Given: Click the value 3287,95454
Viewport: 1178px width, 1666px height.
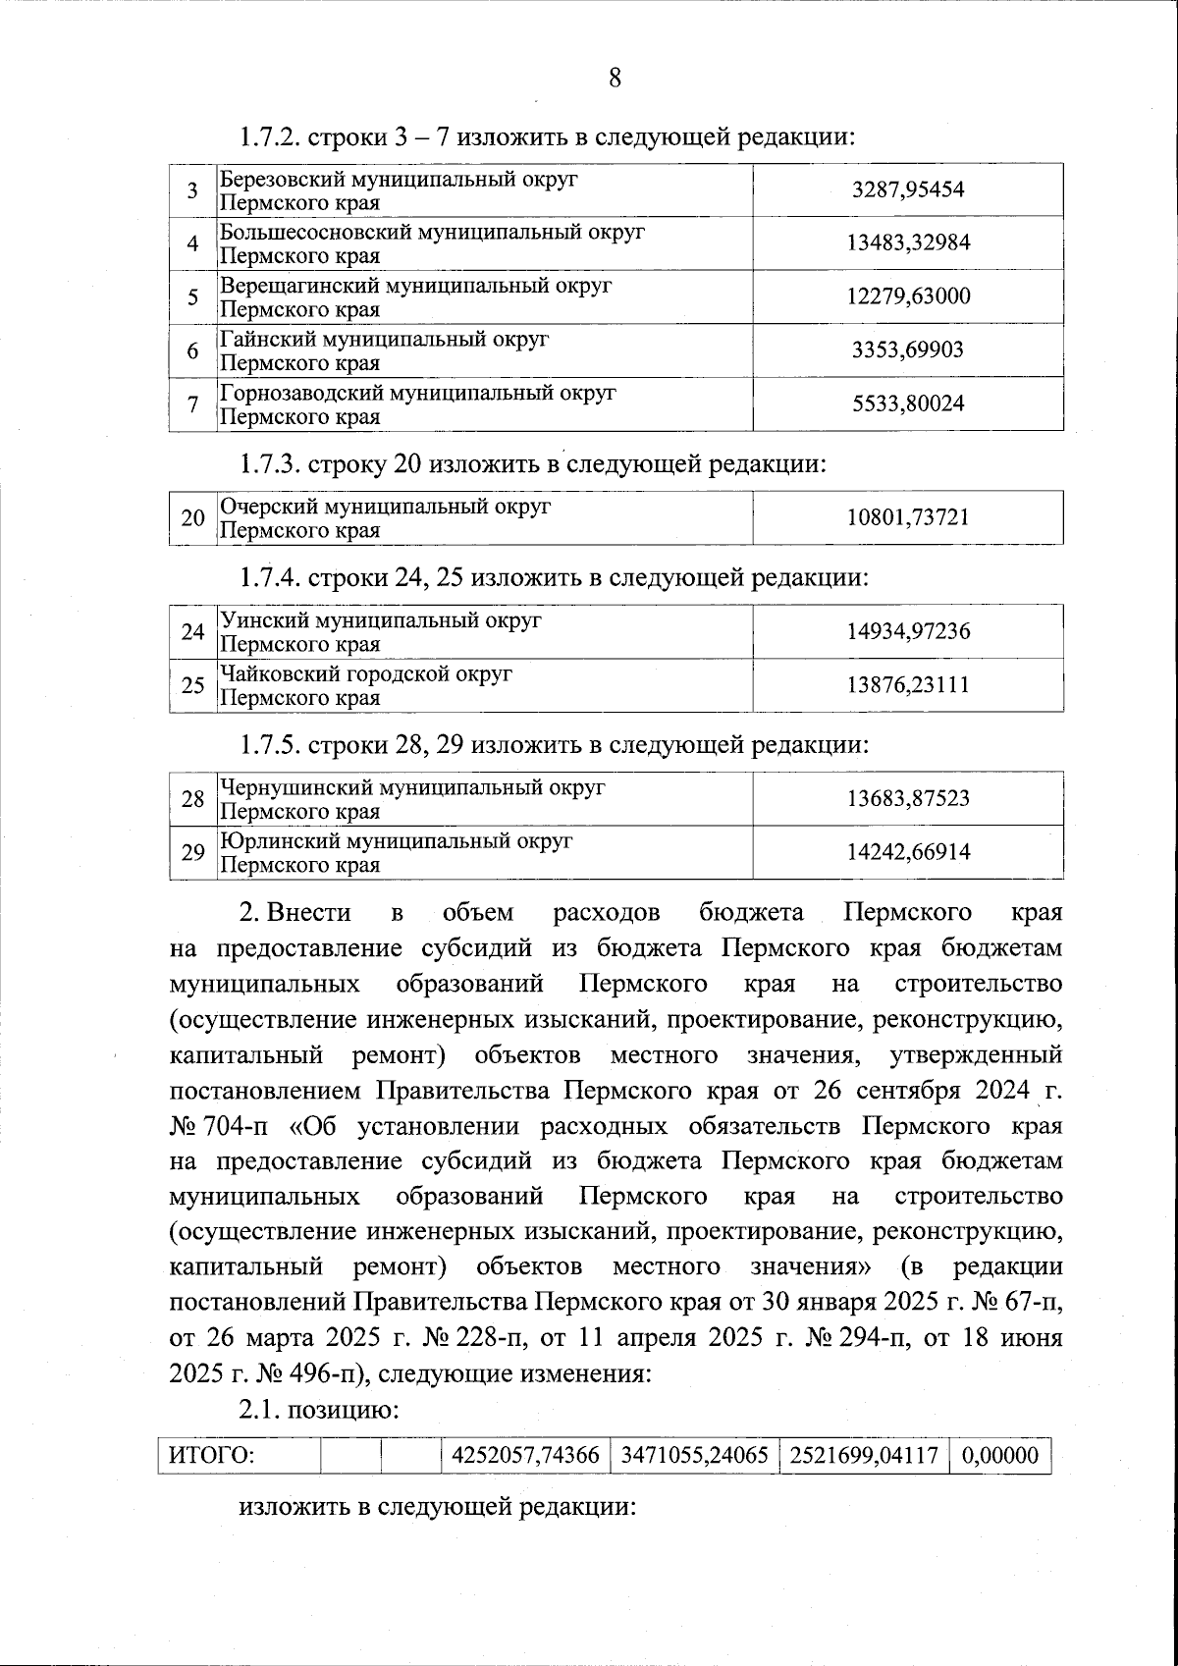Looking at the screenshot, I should pyautogui.click(x=908, y=189).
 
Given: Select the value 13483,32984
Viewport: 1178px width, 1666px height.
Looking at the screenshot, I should pyautogui.click(x=908, y=242).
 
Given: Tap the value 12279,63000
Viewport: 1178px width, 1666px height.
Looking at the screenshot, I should pyautogui.click(x=908, y=296).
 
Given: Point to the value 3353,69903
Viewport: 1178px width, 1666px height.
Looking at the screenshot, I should pyautogui.click(x=908, y=350).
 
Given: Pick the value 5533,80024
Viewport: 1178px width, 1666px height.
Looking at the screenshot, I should pyautogui.click(x=908, y=403).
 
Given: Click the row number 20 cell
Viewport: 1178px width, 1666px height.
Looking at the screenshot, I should pyautogui.click(x=192, y=517).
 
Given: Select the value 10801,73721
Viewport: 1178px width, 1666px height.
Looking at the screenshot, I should pyautogui.click(x=908, y=517).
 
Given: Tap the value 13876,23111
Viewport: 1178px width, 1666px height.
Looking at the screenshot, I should pyautogui.click(x=908, y=685).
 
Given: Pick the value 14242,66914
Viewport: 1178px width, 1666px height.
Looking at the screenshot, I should pyautogui.click(x=908, y=852).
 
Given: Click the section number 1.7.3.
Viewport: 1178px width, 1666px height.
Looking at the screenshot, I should pyautogui.click(x=269, y=463).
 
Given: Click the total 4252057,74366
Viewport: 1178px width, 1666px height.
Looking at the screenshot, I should pyautogui.click(x=524, y=1455).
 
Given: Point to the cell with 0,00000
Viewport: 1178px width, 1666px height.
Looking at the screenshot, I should pyautogui.click(x=1000, y=1455).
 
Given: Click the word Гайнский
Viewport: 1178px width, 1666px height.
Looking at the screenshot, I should pyautogui.click(x=261, y=340).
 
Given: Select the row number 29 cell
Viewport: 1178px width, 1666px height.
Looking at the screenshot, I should pyautogui.click(x=192, y=852).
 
